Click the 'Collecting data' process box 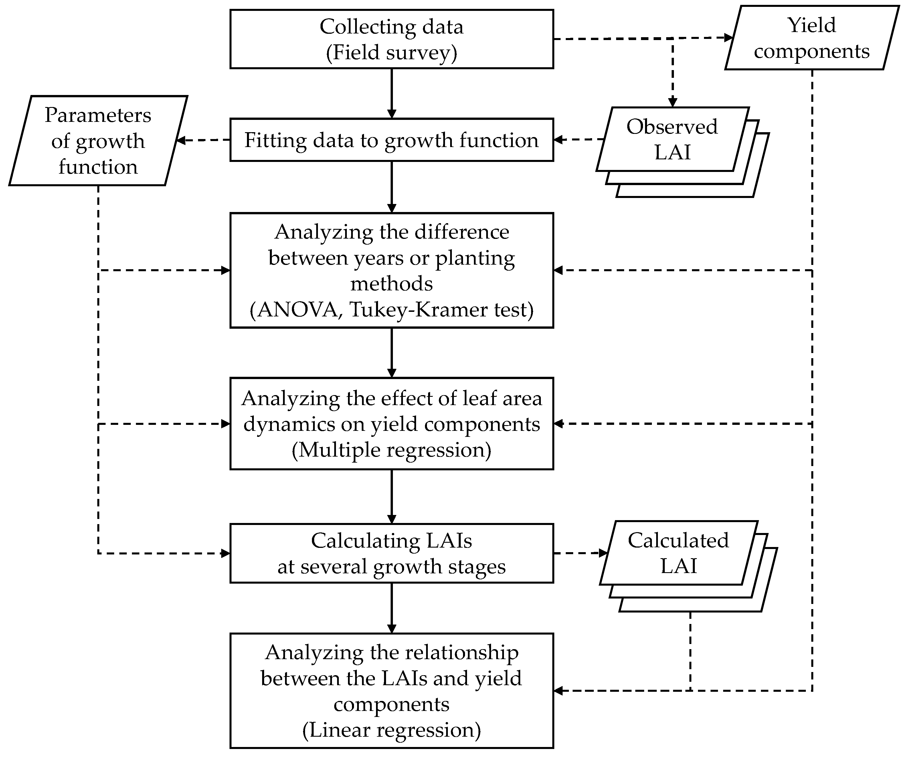point(391,39)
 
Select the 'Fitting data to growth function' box point(391,140)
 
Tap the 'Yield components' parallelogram point(811,38)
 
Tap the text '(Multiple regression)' point(391,450)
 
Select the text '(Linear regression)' point(391,730)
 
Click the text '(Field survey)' point(391,52)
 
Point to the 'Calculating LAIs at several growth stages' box point(391,553)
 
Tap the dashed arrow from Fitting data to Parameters point(203,140)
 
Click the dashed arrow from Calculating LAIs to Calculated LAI point(580,553)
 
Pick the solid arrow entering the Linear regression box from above point(391,608)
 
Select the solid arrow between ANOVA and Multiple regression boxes point(391,353)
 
